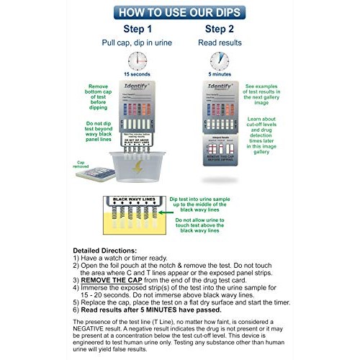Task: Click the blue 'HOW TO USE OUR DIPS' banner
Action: coord(179,12)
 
